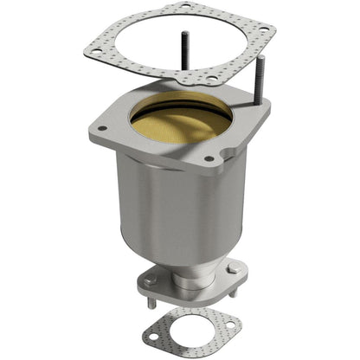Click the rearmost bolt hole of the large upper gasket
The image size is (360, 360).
[x=184, y=8]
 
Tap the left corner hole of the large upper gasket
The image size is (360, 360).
[x=88, y=52]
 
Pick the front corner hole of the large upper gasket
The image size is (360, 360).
[x=212, y=79]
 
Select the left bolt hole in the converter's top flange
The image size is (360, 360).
[x=101, y=129]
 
